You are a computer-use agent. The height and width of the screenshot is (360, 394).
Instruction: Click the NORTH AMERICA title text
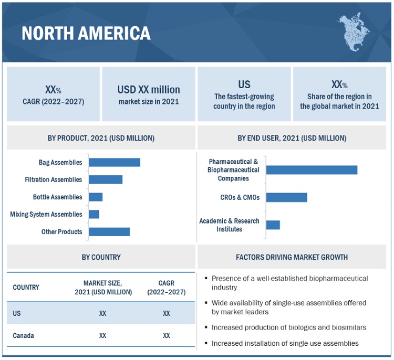[x=86, y=34]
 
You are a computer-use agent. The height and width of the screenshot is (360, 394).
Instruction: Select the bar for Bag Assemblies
[x=115, y=162]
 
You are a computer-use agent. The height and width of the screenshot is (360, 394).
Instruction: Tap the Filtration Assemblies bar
[x=106, y=179]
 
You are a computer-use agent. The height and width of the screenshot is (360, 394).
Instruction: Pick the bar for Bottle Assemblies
[x=96, y=197]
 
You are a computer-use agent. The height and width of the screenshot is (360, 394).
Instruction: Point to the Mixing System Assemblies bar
[x=94, y=214]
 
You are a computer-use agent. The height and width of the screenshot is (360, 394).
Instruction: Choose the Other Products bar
[x=109, y=231]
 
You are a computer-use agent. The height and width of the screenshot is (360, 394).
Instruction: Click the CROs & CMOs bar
[x=286, y=197]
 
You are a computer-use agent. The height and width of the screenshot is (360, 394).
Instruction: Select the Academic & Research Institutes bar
[x=273, y=225]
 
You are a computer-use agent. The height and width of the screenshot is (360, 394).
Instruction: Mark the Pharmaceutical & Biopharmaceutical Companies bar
[x=312, y=170]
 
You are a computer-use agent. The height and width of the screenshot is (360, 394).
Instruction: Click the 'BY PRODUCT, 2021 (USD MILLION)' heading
[x=101, y=138]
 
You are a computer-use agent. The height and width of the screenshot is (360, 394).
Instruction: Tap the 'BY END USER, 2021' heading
[x=292, y=138]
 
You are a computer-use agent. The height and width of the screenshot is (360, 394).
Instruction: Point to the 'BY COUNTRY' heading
[x=101, y=257]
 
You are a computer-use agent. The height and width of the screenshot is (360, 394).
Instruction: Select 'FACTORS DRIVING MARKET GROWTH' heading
[x=292, y=257]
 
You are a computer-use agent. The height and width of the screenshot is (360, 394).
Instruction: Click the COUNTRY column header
[x=26, y=288]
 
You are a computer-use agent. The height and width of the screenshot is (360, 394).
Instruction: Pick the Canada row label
[x=24, y=335]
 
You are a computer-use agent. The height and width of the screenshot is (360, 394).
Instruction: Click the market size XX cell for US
[x=102, y=313]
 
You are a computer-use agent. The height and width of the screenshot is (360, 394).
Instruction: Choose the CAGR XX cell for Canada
[x=166, y=335]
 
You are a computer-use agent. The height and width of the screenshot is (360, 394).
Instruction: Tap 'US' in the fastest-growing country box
[x=244, y=84]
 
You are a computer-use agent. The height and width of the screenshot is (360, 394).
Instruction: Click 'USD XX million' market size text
[x=149, y=90]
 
